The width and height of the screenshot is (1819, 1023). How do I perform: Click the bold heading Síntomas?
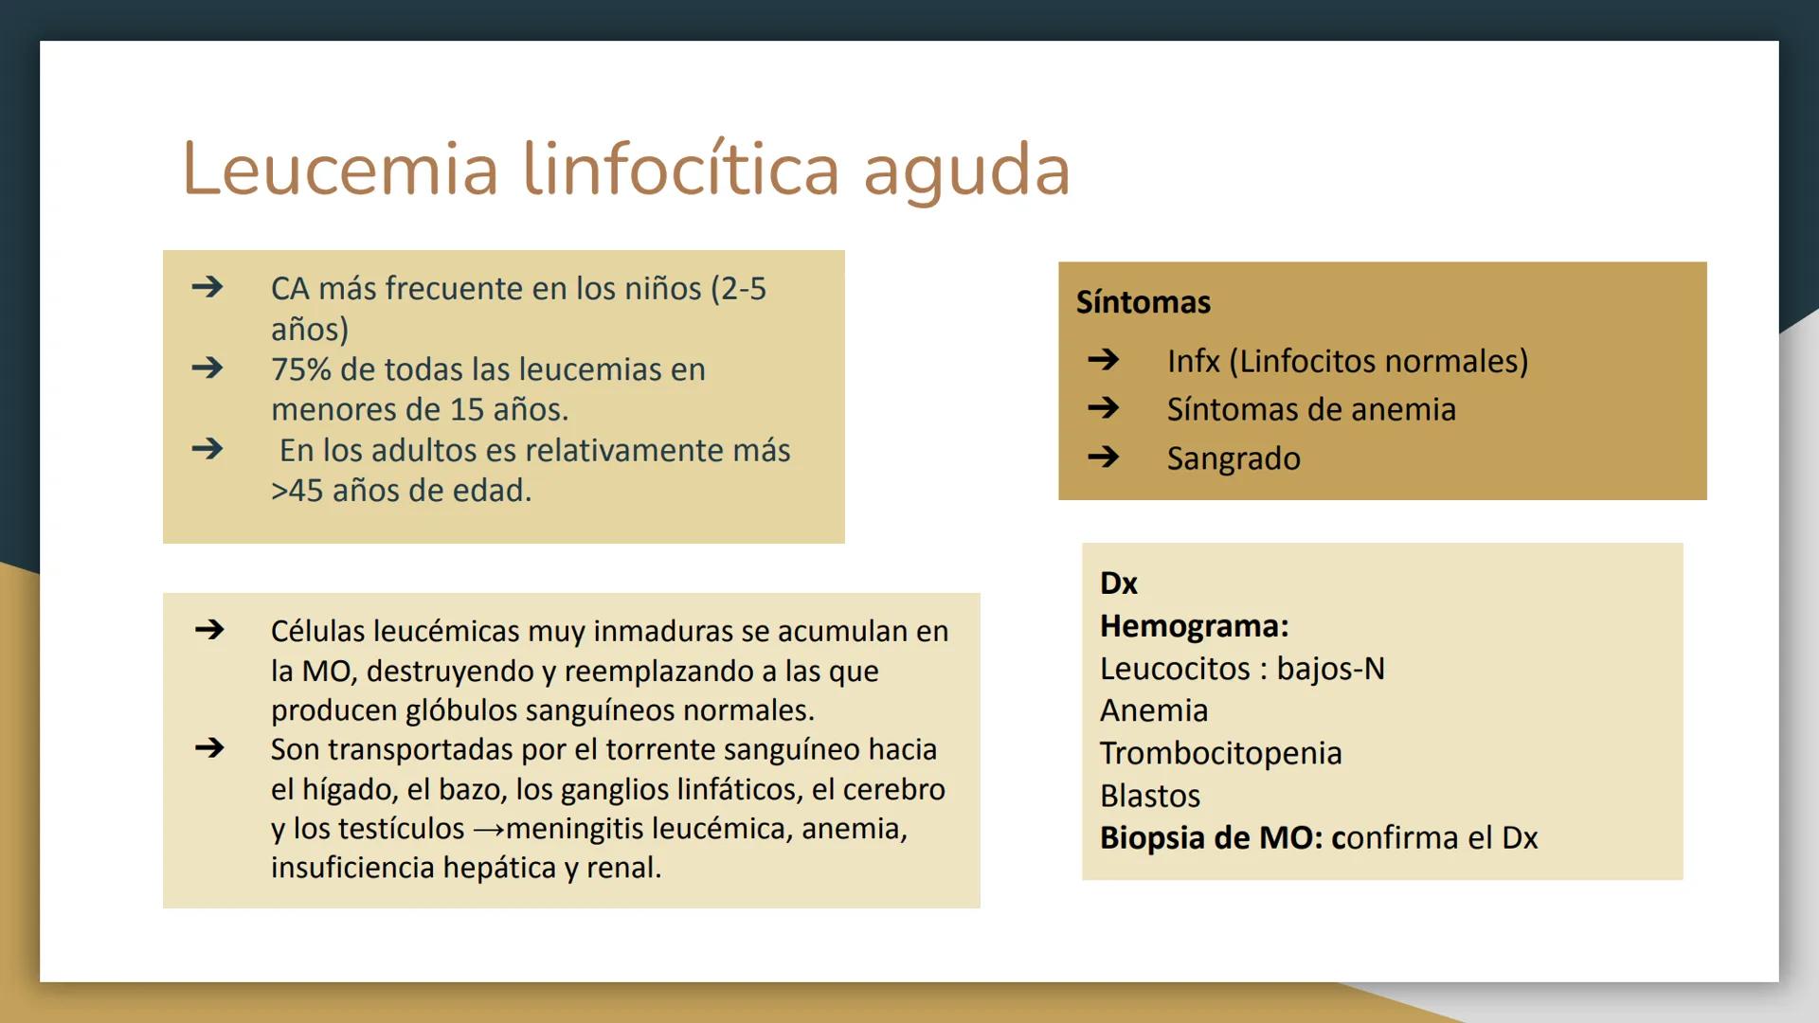pos(1143,302)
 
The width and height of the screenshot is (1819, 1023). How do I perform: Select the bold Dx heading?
pos(1118,583)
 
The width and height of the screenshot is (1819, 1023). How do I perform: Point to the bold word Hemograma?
pos(1194,626)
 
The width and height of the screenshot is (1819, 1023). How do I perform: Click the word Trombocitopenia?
pos(1220,753)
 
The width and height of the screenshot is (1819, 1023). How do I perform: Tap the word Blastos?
pos(1149,796)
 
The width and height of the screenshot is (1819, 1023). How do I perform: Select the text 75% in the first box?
pos(300,369)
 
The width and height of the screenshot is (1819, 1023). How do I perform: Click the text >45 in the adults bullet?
pos(297,491)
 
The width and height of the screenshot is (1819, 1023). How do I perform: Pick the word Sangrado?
pos(1234,458)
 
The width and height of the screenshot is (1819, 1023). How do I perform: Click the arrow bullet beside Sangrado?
pos(1104,458)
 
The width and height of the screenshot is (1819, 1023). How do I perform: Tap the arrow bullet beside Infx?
pos(1104,359)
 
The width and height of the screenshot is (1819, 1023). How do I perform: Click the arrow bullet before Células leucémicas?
pos(209,629)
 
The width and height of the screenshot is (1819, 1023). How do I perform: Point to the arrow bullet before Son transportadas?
pos(209,747)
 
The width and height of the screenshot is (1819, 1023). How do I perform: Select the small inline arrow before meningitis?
pos(489,830)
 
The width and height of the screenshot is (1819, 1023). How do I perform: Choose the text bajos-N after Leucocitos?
pos(1330,669)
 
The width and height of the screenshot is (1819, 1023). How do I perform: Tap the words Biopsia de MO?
pos(1211,838)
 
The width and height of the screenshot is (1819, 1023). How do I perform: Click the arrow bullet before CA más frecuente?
pos(207,286)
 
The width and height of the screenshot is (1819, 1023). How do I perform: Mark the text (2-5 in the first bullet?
pos(738,289)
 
